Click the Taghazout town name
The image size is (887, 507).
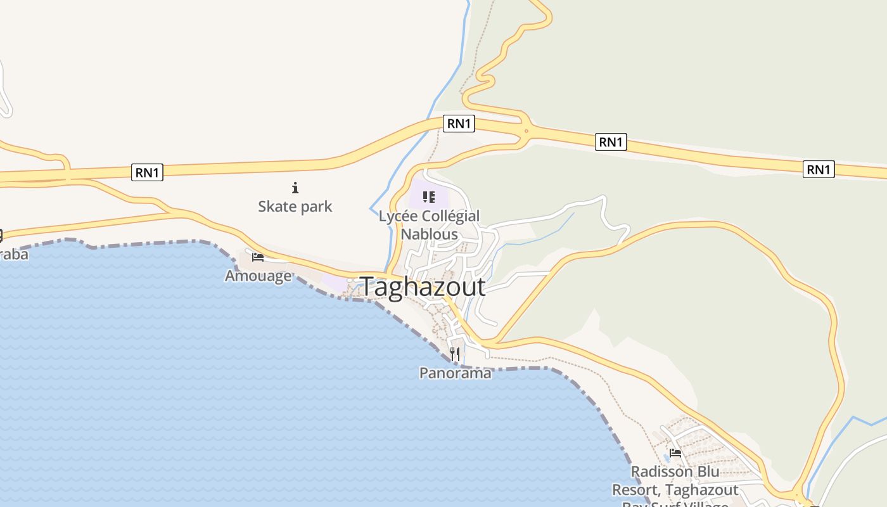click(x=423, y=287)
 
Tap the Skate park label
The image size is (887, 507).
click(x=295, y=207)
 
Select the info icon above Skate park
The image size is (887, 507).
click(x=295, y=188)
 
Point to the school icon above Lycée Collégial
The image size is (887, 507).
click(x=429, y=197)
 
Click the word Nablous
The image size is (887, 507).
click(x=429, y=234)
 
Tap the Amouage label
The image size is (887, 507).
click(x=258, y=276)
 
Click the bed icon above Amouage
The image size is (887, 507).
click(x=257, y=257)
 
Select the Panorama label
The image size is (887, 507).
click(x=455, y=373)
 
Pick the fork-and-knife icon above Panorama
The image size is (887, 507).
click(x=454, y=354)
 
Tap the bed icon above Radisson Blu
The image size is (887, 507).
click(x=675, y=453)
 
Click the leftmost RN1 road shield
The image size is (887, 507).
click(x=147, y=172)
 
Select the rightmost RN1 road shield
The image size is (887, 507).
click(x=819, y=169)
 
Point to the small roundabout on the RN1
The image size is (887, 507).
click(x=526, y=131)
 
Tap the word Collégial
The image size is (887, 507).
click(x=448, y=217)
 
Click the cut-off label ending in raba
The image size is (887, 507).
click(x=14, y=255)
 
